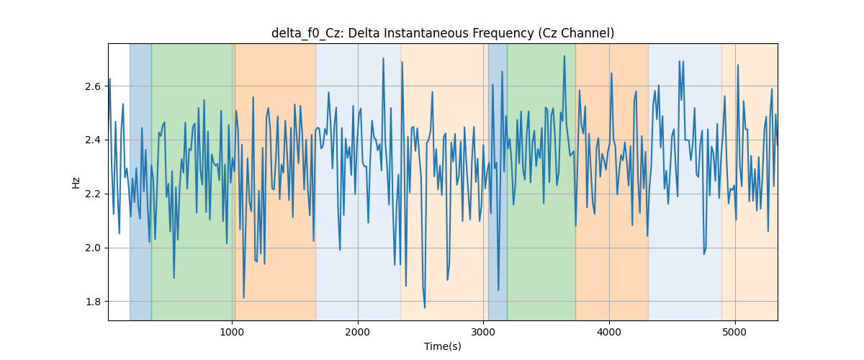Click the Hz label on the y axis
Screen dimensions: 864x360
tap(76, 183)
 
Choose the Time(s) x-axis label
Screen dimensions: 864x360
tap(443, 346)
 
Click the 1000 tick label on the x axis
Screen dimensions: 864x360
tap(232, 333)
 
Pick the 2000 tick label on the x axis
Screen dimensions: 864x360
tap(358, 333)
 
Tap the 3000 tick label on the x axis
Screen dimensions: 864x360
tap(483, 333)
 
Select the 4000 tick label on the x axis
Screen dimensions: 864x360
tap(609, 333)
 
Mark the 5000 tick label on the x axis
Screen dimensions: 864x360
tap(735, 333)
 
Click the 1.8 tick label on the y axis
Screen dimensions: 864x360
tap(93, 302)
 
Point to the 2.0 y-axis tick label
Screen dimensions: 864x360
tap(93, 248)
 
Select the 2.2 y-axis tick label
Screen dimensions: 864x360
tap(93, 194)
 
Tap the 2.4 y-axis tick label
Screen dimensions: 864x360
tap(93, 140)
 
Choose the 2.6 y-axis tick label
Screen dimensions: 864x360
tap(93, 86)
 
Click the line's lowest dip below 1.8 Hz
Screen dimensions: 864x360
tap(425, 307)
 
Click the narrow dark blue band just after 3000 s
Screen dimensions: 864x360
tap(498, 181)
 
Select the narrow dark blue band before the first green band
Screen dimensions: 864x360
tap(140, 181)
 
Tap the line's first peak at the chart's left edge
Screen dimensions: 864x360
tap(110, 79)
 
